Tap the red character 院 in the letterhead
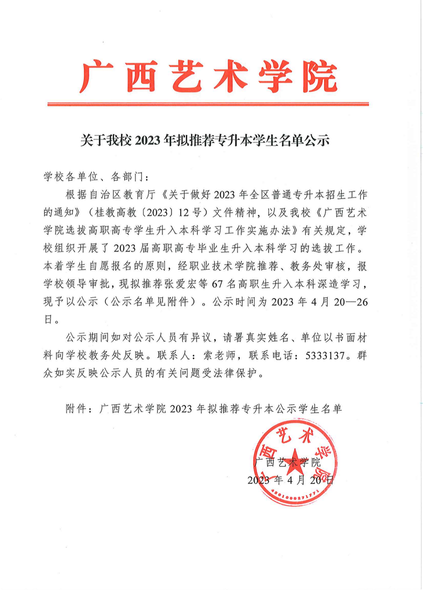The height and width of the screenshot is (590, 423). click(319, 76)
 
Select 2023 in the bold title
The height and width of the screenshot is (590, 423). click(151, 141)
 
